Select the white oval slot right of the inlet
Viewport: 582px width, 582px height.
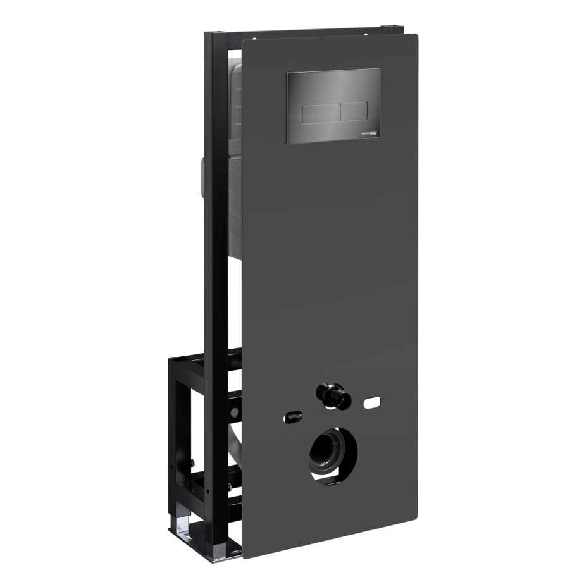[371, 402]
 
